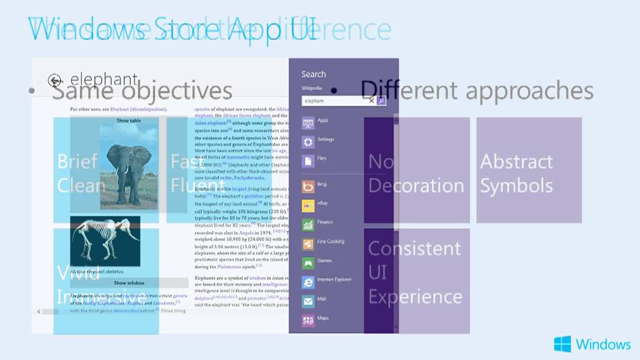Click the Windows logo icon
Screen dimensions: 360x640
coord(562,344)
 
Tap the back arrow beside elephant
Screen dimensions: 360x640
coord(56,80)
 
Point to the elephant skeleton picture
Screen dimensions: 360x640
coord(104,241)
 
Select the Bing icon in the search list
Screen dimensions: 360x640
coord(308,186)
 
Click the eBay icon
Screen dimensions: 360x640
coord(308,205)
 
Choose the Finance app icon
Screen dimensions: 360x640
coord(308,224)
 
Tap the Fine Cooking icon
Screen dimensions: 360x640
coord(308,244)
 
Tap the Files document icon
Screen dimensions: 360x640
coord(308,161)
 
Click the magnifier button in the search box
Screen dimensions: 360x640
coord(381,101)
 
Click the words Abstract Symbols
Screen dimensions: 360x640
coord(516,173)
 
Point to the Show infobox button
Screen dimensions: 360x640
coord(129,283)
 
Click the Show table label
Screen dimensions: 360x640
coord(129,121)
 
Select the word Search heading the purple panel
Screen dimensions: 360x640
coord(314,74)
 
